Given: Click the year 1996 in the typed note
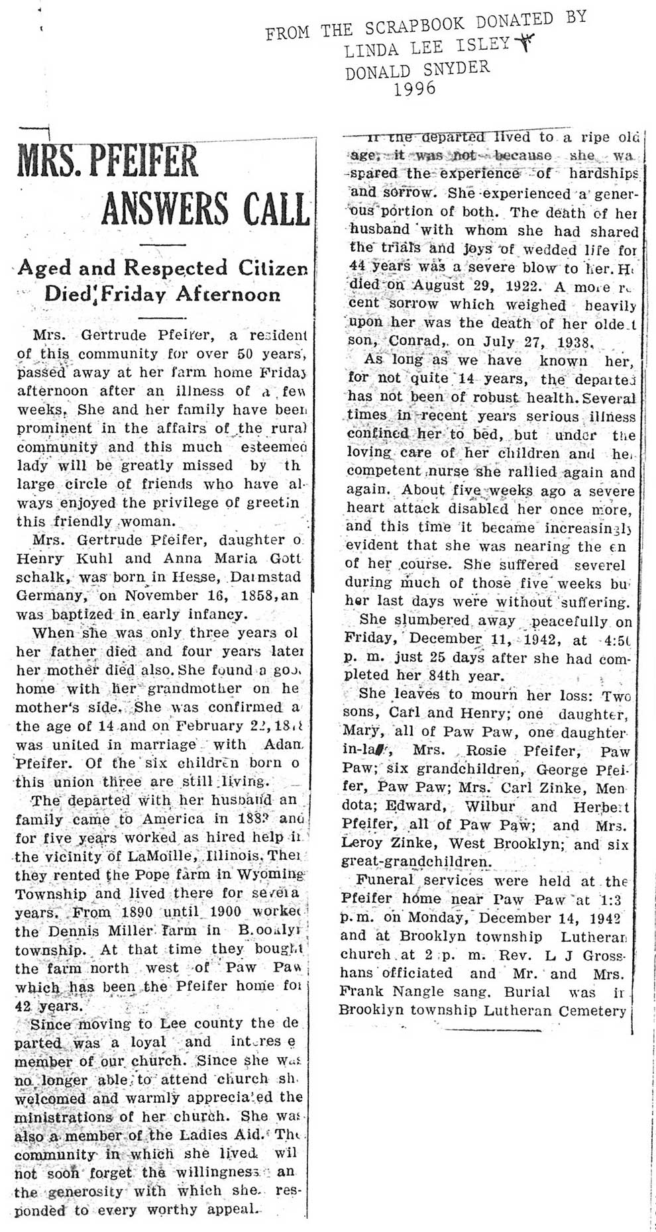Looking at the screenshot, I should pos(415,87).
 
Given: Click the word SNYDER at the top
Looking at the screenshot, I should pos(457,68).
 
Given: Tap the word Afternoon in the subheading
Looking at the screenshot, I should pos(229,294).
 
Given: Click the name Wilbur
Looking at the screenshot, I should pos(485,807).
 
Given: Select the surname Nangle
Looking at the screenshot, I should pos(419,992).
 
